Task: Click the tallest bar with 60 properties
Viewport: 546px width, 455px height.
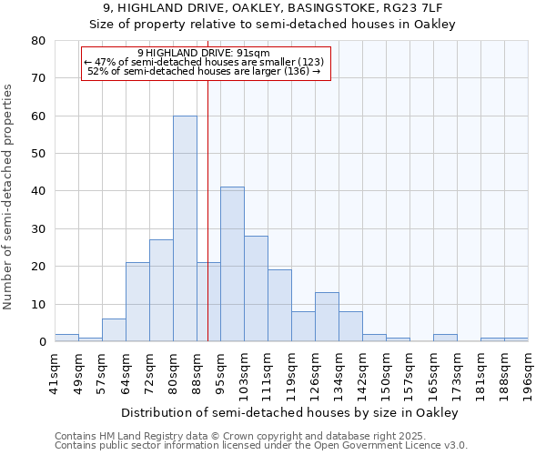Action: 185,228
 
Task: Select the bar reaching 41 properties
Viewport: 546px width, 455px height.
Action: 232,264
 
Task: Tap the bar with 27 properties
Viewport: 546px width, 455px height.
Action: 161,290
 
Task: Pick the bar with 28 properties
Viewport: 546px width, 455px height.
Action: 256,288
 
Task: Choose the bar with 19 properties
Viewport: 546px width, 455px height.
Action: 279,306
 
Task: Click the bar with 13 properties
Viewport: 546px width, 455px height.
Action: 327,317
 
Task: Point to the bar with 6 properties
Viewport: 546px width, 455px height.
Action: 114,330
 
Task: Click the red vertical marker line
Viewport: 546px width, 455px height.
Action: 208,209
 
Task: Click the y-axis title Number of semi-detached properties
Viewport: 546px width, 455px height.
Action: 8,197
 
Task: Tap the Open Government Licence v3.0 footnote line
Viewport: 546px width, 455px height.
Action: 261,445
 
